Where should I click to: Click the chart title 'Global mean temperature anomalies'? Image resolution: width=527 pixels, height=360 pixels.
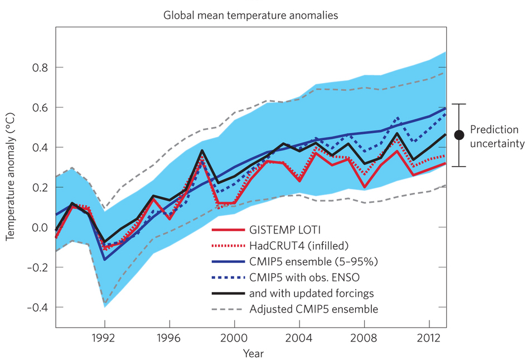point(250,15)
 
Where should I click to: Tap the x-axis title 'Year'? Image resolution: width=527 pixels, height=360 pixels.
point(253,353)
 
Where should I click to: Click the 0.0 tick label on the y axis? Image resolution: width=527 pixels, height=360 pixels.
point(38,227)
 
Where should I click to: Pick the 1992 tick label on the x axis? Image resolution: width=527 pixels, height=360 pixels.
point(104,337)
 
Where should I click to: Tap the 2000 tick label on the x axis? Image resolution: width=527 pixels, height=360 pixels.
point(234,337)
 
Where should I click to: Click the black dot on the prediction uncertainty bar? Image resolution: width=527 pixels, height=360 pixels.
point(459,135)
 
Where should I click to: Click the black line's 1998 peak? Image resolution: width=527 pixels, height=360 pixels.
point(202,150)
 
